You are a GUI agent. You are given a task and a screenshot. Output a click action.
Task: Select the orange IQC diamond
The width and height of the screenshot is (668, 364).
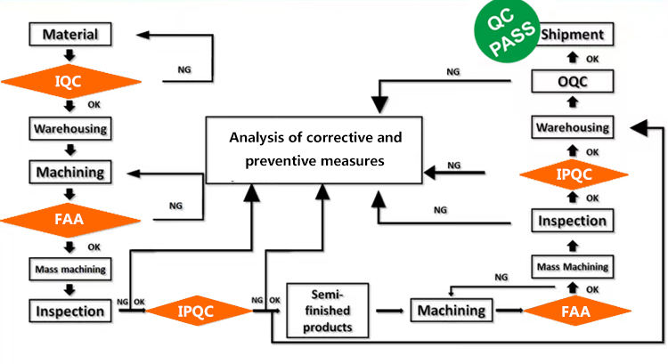pos(71,82)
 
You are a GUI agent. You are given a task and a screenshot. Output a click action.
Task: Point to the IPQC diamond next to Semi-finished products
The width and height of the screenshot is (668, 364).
pos(198,311)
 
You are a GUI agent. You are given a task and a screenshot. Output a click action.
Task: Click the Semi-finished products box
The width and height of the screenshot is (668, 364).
pos(329,311)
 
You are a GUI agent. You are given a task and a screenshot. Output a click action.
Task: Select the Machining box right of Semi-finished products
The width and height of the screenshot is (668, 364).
pos(452,311)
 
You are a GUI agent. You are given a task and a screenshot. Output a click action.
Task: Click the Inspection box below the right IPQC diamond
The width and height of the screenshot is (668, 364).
pos(574,220)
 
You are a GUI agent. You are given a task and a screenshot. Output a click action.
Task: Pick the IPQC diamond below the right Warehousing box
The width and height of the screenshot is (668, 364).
pos(574,174)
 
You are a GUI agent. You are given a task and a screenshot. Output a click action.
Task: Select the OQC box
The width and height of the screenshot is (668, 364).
pos(574,82)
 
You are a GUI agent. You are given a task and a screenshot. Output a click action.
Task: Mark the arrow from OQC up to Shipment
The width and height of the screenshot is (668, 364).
pos(574,59)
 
